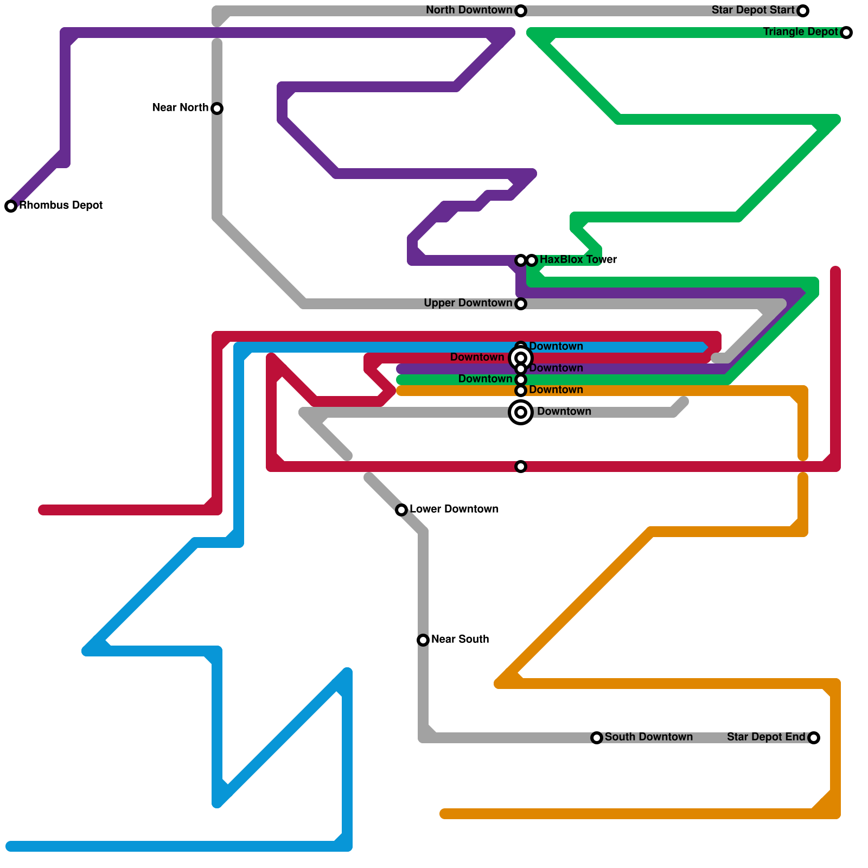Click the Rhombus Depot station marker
coord(11,206)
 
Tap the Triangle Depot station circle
coord(846,33)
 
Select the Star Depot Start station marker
coord(803,11)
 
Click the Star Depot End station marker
coord(814,738)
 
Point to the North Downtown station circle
coord(521,11)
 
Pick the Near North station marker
coord(217,108)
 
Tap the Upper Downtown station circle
coord(521,304)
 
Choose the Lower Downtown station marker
coord(401,510)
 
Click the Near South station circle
coord(423,640)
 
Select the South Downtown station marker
coord(597,738)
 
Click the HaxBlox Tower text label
coord(578,260)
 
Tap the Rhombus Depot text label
coord(61,206)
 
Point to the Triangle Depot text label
coord(800,32)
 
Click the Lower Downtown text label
coord(454,509)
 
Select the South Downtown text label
coord(649,737)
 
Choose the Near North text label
coord(180,108)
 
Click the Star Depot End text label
coord(766,737)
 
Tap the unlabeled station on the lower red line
coord(521,467)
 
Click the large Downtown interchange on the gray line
coord(521,412)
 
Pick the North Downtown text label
coord(469,10)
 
